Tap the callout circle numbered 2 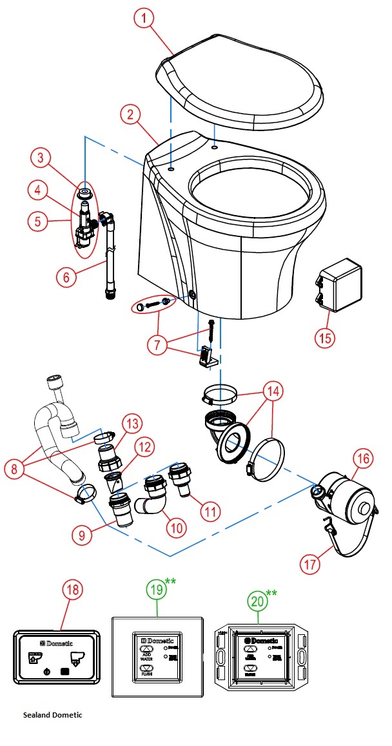coord(131,115)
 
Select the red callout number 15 coord(326,337)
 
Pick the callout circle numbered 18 coord(73,590)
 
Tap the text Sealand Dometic coord(52,715)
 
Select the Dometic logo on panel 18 coord(61,644)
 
